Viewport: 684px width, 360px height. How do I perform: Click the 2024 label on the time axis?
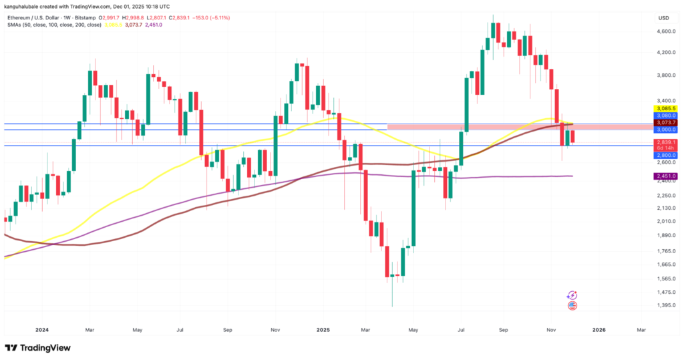click(x=41, y=330)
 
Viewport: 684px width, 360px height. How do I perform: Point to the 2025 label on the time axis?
click(x=323, y=330)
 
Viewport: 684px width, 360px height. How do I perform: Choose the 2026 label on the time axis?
click(x=599, y=330)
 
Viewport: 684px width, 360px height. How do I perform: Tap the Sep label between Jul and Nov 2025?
click(x=504, y=330)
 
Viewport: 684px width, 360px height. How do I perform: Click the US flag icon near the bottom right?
click(x=572, y=306)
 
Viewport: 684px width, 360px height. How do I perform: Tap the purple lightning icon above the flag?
click(x=572, y=295)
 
